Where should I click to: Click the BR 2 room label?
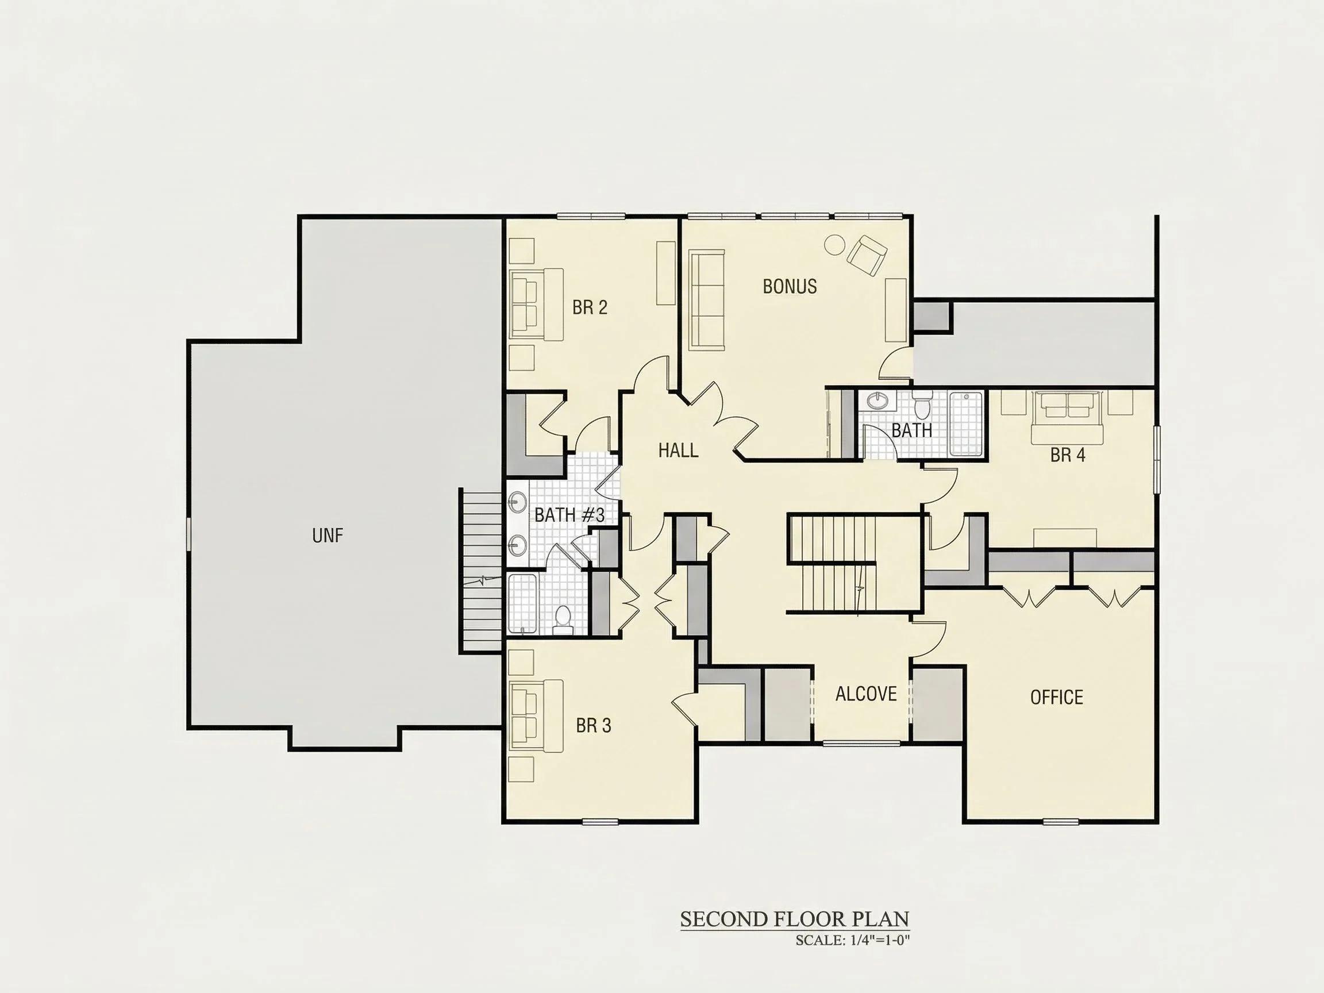click(590, 307)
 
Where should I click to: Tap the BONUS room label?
click(790, 287)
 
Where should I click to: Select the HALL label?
click(678, 450)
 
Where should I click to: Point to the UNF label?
click(328, 535)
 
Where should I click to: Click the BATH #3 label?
click(569, 515)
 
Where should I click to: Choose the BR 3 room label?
click(593, 725)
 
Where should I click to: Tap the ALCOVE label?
click(865, 694)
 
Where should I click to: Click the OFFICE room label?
click(1056, 697)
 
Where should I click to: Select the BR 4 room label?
click(1067, 455)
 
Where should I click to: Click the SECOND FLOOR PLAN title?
click(794, 919)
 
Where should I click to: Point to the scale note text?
click(852, 940)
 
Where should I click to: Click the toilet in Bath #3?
click(563, 620)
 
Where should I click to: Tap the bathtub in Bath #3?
click(522, 603)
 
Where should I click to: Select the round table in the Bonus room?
click(834, 244)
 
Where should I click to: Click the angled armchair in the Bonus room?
click(866, 256)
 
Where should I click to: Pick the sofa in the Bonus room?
click(706, 300)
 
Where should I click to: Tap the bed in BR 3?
click(536, 716)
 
